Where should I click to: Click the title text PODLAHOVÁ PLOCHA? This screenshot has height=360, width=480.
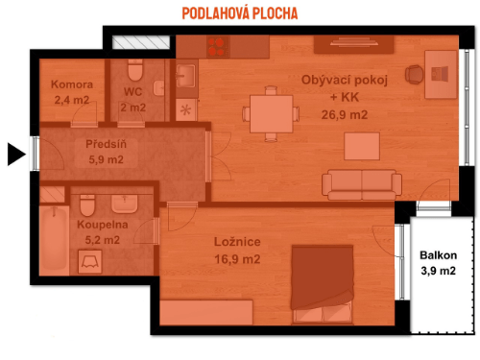click(x=240, y=13)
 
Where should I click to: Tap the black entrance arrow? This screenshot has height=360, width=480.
click(x=14, y=153)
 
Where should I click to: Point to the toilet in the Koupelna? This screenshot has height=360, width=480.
click(x=87, y=204)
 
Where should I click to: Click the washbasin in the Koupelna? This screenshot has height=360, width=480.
click(x=125, y=204)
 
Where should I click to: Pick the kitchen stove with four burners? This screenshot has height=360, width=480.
click(x=214, y=44)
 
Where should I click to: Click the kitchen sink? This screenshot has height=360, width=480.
click(x=185, y=75)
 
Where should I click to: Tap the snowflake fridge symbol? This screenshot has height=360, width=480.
click(x=186, y=108)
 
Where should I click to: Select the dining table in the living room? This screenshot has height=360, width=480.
click(x=261, y=110)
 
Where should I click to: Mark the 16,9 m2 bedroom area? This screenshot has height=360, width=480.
click(x=236, y=259)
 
